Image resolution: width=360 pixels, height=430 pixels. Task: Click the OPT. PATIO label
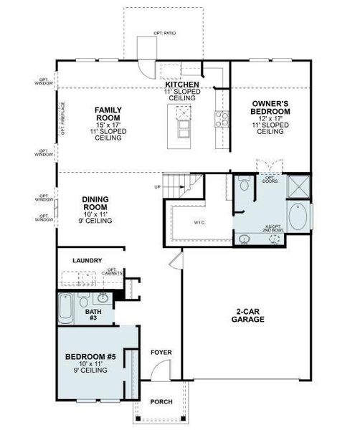click(164, 33)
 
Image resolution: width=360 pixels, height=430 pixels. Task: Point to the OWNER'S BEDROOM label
click(270, 107)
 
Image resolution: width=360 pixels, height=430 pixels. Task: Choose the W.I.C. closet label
click(199, 222)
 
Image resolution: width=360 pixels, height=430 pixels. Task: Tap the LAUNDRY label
click(87, 261)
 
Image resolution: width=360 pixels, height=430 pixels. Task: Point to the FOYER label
click(161, 353)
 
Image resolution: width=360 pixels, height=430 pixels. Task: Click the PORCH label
click(161, 401)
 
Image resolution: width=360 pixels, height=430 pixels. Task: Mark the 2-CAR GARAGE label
click(247, 315)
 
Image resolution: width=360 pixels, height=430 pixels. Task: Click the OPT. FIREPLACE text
click(63, 120)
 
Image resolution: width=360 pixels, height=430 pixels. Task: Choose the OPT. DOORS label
click(270, 179)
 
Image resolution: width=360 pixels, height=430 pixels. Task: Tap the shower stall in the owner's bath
click(298, 186)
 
